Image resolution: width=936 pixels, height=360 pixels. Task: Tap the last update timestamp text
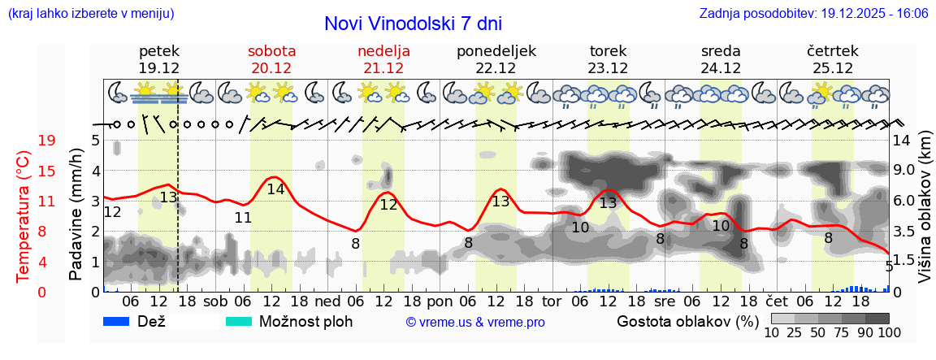813,14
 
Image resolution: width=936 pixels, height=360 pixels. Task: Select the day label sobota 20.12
271,59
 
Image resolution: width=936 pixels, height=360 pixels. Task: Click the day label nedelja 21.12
383,59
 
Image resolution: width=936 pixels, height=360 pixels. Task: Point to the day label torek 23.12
608,59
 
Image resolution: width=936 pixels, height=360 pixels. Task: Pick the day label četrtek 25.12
832,59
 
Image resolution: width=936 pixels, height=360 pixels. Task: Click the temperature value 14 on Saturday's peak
276,189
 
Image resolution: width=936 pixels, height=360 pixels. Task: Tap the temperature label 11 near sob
243,218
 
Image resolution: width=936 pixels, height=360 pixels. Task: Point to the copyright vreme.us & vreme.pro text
475,322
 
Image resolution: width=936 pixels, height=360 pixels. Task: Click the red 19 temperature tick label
47,141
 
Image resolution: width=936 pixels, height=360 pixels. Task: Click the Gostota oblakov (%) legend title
682,321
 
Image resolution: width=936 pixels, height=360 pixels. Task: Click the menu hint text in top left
91,14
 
